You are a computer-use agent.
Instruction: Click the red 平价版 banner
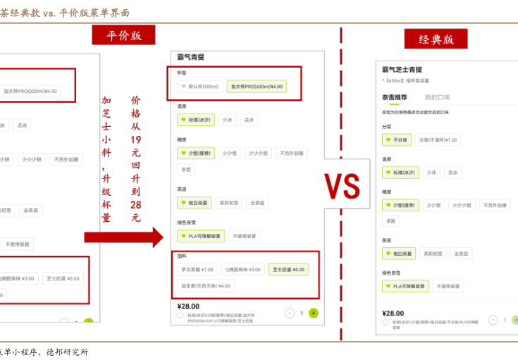pos(123,35)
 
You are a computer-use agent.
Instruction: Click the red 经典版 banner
pos(436,39)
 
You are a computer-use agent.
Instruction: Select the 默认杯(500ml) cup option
pos(199,87)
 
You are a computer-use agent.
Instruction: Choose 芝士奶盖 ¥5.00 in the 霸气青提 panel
pos(289,269)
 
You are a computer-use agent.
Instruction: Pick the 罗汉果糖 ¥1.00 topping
pos(197,269)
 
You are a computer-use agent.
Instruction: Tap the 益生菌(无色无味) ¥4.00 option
pos(205,286)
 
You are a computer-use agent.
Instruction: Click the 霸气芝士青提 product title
pos(402,70)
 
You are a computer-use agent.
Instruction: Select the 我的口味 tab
pos(437,97)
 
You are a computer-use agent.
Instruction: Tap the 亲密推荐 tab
pos(395,97)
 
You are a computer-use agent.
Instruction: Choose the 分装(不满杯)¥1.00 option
pos(438,140)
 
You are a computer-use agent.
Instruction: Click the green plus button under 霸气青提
pos(313,313)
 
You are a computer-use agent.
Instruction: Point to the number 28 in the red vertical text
pos(135,205)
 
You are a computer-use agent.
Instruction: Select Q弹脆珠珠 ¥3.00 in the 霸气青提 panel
pos(243,269)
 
